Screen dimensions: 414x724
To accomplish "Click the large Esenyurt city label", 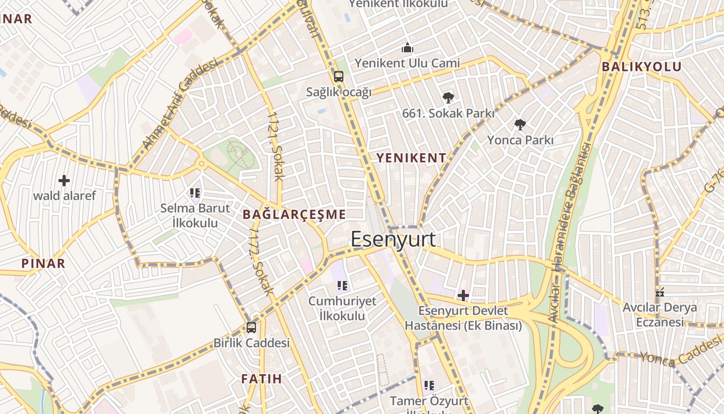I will (393, 240).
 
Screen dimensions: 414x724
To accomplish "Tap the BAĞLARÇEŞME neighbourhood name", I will (294, 214).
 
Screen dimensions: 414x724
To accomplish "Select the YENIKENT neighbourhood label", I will (411, 158).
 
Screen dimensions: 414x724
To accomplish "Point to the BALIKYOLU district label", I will (641, 66).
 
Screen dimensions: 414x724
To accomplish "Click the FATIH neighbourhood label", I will (262, 379).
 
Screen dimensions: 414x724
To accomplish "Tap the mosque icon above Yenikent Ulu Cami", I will (408, 49).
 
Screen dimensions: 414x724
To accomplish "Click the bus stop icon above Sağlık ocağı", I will (339, 77).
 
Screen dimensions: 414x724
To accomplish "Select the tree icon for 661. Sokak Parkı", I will (448, 97).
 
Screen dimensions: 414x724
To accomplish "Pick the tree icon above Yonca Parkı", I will (520, 124).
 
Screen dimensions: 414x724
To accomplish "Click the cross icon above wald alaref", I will (64, 180).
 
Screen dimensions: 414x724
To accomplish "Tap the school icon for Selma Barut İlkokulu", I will (195, 193).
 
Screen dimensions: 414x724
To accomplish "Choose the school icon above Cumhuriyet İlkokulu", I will (342, 285).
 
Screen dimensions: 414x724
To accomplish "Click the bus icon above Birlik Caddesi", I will (251, 327).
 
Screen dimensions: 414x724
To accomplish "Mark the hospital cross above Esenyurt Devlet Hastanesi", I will (463, 295).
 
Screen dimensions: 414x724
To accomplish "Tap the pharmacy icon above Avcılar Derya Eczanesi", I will (659, 292).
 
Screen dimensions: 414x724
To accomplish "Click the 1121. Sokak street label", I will (276, 146).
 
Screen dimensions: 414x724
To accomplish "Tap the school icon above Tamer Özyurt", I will (429, 385).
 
